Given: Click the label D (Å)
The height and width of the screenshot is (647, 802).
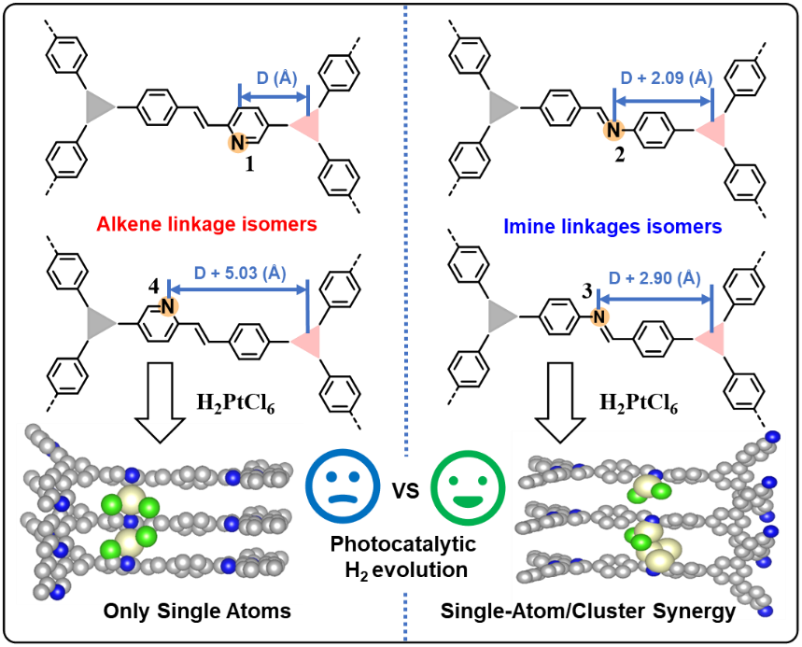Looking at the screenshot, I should click(276, 77).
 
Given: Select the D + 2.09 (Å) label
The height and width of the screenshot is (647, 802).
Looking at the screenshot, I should click(666, 77).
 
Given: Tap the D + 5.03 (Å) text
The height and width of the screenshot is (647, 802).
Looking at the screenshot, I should click(240, 273).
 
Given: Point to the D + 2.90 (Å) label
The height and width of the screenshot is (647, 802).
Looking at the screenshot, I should click(654, 277).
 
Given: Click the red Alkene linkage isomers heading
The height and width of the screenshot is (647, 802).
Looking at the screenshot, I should click(206, 224).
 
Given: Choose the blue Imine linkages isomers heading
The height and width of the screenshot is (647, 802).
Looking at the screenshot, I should click(612, 226).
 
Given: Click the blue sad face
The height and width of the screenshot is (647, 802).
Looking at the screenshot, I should click(343, 486).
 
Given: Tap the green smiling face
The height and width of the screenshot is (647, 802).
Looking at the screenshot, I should click(468, 487).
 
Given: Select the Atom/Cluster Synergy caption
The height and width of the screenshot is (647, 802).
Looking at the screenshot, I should click(624, 612).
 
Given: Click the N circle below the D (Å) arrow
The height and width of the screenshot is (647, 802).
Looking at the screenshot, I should click(238, 143).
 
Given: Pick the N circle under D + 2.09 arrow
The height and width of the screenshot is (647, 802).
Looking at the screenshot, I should click(613, 130).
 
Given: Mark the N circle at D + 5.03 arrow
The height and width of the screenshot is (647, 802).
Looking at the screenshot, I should click(168, 305).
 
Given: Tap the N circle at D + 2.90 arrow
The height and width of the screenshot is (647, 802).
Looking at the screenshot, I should click(599, 316).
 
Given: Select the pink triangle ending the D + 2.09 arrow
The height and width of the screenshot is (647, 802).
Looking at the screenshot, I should click(711, 131).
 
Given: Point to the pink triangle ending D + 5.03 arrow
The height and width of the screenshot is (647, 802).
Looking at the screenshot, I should click(306, 342).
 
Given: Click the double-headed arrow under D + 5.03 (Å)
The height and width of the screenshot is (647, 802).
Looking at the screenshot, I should click(238, 289).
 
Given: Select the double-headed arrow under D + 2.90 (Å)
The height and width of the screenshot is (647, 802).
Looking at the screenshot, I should click(654, 298).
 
